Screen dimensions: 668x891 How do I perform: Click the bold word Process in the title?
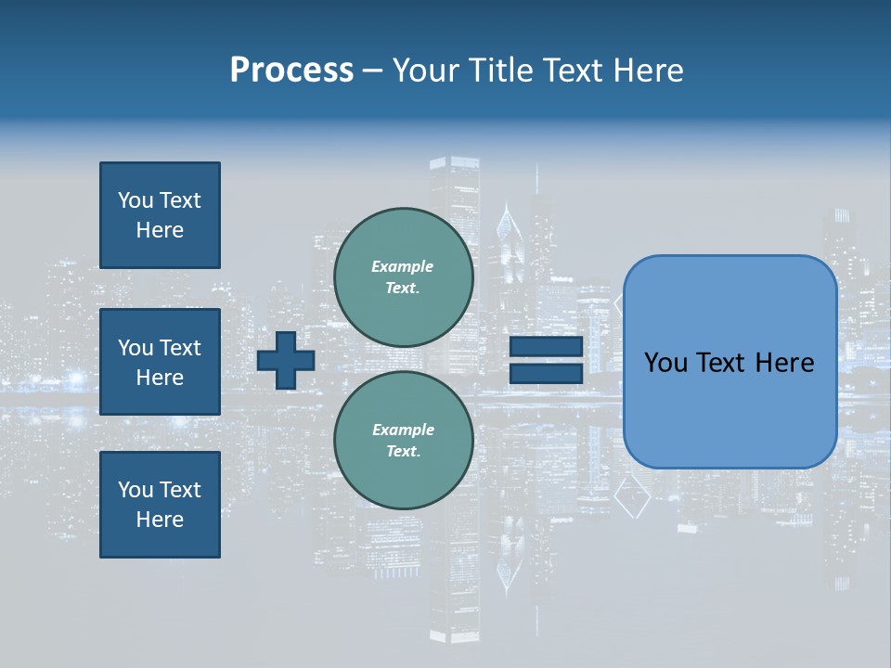click(x=291, y=71)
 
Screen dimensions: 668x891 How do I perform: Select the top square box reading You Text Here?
click(x=160, y=215)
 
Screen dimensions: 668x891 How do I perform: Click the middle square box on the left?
click(x=160, y=362)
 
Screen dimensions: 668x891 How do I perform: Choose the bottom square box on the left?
click(x=160, y=505)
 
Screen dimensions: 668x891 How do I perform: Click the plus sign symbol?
click(x=286, y=360)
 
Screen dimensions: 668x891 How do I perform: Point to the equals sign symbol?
click(x=546, y=360)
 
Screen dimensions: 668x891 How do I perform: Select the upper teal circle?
click(x=404, y=277)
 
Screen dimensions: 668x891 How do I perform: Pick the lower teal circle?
click(x=404, y=441)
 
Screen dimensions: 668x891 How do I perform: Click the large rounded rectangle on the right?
click(x=730, y=362)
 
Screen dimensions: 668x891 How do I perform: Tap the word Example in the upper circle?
click(x=403, y=266)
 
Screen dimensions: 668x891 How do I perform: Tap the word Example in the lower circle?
click(x=403, y=430)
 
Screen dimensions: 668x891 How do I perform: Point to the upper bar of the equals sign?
click(x=546, y=347)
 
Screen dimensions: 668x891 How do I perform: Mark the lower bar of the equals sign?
click(x=546, y=373)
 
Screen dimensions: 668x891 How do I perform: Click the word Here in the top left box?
click(x=160, y=230)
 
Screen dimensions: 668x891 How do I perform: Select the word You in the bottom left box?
click(x=136, y=490)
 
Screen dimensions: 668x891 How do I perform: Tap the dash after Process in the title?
click(x=373, y=71)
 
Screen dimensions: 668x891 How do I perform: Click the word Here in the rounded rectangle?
click(x=785, y=363)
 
